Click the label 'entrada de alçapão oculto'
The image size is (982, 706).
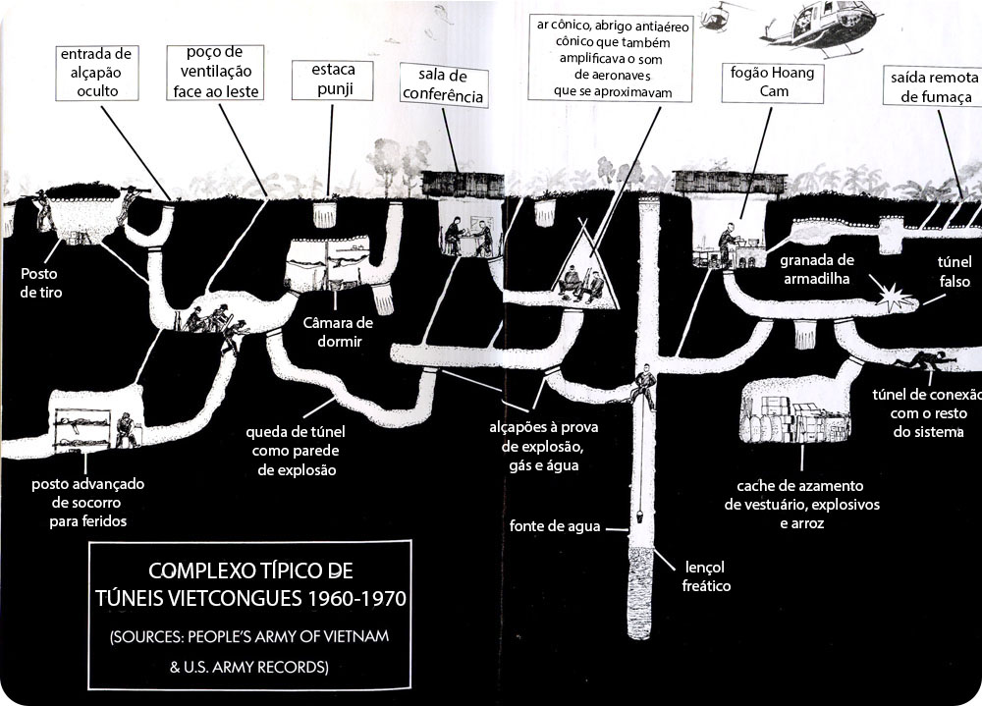(97, 73)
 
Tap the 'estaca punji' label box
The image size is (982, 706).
(333, 80)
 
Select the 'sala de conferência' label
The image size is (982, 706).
(444, 85)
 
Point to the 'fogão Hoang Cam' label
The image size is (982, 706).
(772, 82)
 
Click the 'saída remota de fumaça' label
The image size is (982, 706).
(933, 86)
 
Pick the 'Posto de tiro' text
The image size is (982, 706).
(40, 283)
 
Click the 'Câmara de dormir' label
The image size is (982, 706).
(338, 331)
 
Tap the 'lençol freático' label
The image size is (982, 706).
(705, 576)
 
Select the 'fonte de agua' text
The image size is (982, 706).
(554, 526)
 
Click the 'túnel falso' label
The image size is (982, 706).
(955, 271)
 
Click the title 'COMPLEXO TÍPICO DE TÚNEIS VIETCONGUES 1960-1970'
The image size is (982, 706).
(250, 584)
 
